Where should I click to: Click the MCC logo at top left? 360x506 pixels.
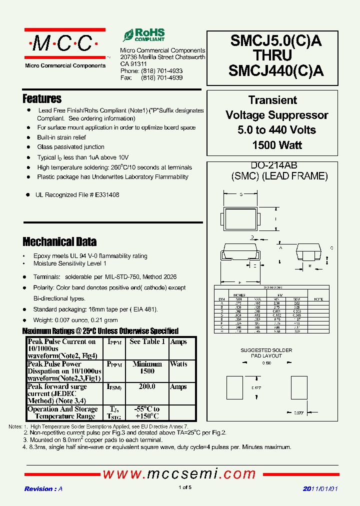(x=65, y=44)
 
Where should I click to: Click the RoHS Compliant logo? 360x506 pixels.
(x=144, y=35)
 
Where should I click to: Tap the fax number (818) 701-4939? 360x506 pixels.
(x=161, y=78)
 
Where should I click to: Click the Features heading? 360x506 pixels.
(x=42, y=98)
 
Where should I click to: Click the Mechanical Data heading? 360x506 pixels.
(x=59, y=242)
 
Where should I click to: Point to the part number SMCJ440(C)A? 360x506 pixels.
(x=275, y=71)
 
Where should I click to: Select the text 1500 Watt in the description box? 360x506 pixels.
(x=272, y=145)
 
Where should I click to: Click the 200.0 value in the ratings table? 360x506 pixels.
(x=146, y=386)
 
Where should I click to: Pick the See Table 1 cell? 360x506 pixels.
(x=147, y=341)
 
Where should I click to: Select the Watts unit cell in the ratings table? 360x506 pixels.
(x=178, y=364)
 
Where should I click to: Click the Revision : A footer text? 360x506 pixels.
(x=43, y=489)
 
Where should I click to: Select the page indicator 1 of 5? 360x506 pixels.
(x=184, y=487)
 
